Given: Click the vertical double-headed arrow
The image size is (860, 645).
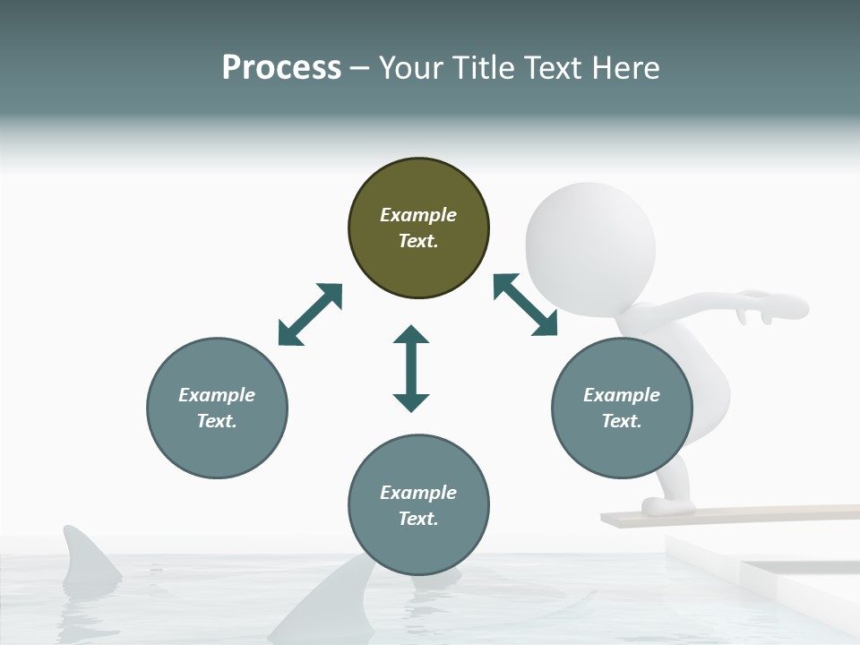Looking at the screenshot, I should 411,368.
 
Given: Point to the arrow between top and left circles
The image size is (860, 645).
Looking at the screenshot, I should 310,314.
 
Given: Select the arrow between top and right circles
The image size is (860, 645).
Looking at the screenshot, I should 525,305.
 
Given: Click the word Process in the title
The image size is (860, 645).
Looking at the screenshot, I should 281,68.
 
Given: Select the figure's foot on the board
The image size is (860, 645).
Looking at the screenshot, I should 667,506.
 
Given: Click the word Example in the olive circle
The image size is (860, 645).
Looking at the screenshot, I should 418,215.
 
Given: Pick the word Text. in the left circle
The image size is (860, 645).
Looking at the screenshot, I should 217,421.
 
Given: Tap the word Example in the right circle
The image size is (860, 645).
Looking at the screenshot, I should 622,395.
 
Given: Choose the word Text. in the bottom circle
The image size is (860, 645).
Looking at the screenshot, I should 418,519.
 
